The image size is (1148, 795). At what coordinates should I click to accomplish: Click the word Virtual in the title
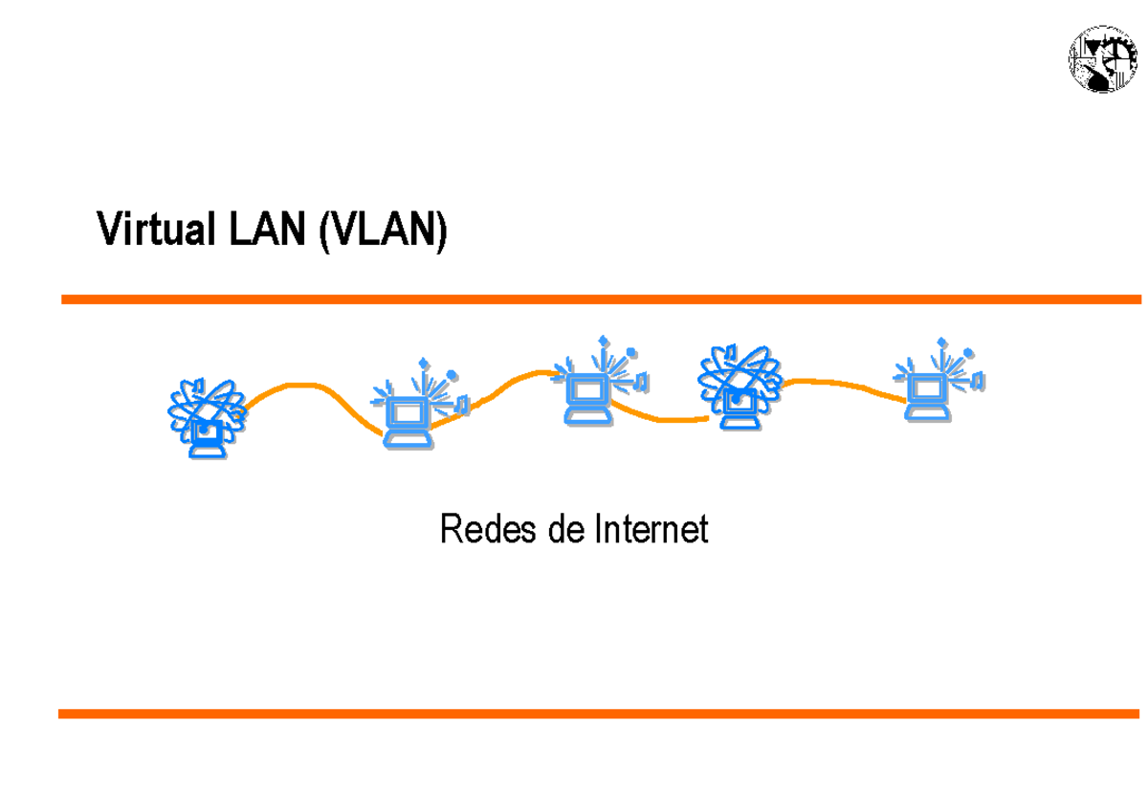[x=155, y=231]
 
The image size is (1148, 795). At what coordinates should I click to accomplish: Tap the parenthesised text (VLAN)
[x=383, y=231]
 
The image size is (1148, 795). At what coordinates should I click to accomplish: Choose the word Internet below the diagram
[x=652, y=529]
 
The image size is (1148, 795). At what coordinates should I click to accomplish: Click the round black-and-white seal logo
[x=1103, y=59]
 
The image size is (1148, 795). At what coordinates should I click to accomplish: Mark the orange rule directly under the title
[x=601, y=299]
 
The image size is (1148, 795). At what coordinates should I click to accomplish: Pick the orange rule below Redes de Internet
[x=601, y=714]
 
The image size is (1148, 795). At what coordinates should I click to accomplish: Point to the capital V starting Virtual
[x=109, y=231]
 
